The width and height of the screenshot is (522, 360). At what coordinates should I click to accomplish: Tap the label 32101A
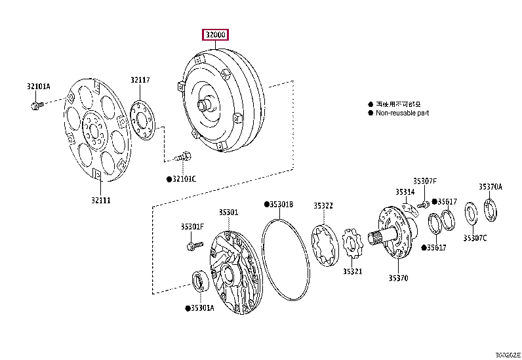pos(39,85)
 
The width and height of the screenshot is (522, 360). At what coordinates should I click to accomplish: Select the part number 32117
pos(139,80)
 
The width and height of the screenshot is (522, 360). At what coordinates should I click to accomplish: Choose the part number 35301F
pos(192,227)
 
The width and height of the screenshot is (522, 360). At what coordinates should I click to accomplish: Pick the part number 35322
pos(323,205)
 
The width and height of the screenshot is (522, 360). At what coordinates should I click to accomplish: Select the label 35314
pos(405,192)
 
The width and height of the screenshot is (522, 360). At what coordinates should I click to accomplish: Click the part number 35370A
pos(490,186)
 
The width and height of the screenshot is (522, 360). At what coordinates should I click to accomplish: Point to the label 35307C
pos(475,237)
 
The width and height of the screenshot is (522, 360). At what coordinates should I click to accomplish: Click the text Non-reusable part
pos(402,113)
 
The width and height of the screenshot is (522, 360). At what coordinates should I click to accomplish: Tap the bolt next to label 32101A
pos(35,104)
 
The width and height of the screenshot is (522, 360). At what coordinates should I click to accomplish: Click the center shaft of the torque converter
pos(205,104)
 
